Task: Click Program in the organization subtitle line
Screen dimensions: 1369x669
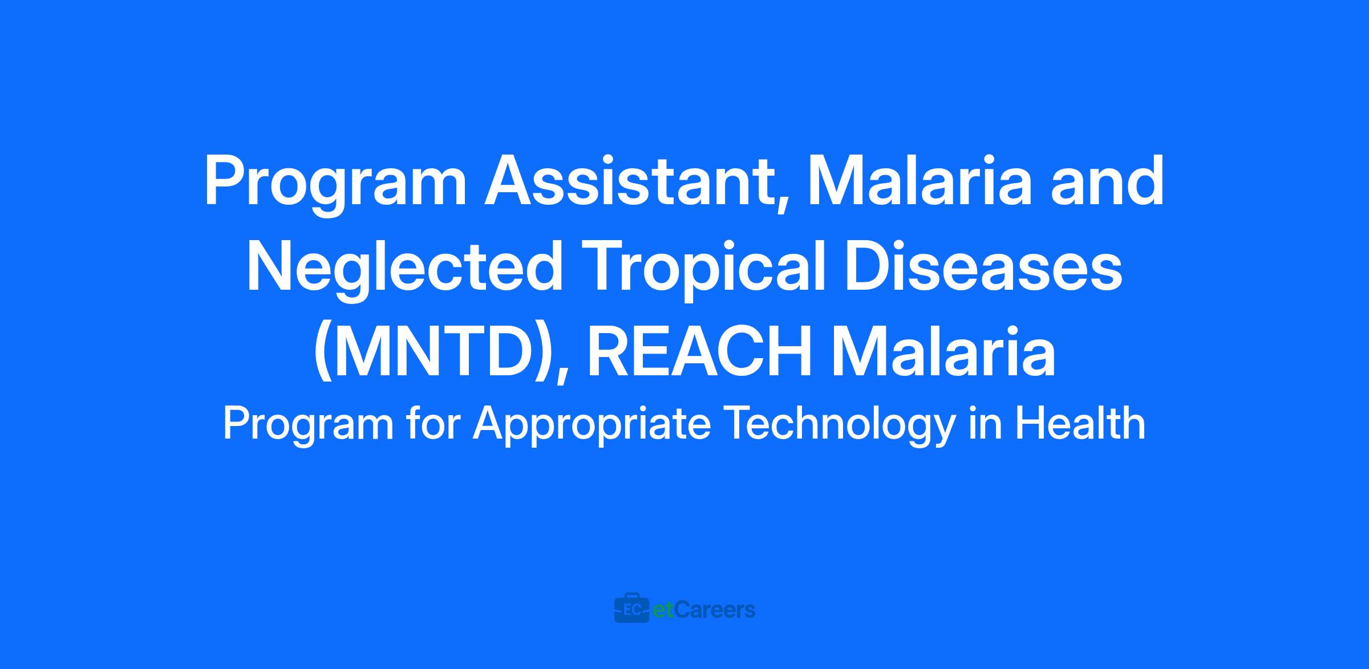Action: pyautogui.click(x=309, y=425)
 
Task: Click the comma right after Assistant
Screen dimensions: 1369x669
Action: pyautogui.click(x=777, y=202)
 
